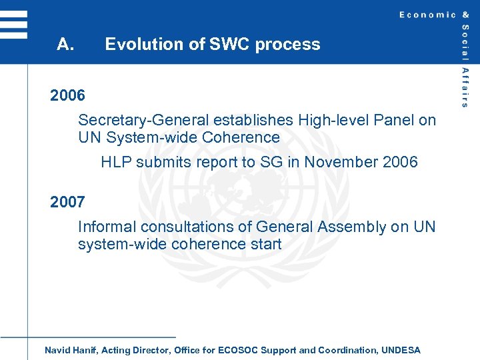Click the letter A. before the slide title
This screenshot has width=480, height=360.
click(x=65, y=45)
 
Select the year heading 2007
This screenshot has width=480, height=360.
click(x=67, y=202)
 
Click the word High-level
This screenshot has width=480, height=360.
click(x=332, y=121)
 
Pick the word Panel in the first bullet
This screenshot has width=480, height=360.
click(x=393, y=121)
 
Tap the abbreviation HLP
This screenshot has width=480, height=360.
click(x=117, y=162)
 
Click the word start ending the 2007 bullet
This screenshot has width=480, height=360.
click(x=265, y=245)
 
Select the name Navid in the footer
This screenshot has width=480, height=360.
click(x=57, y=350)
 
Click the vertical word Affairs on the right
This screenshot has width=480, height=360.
click(x=465, y=87)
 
